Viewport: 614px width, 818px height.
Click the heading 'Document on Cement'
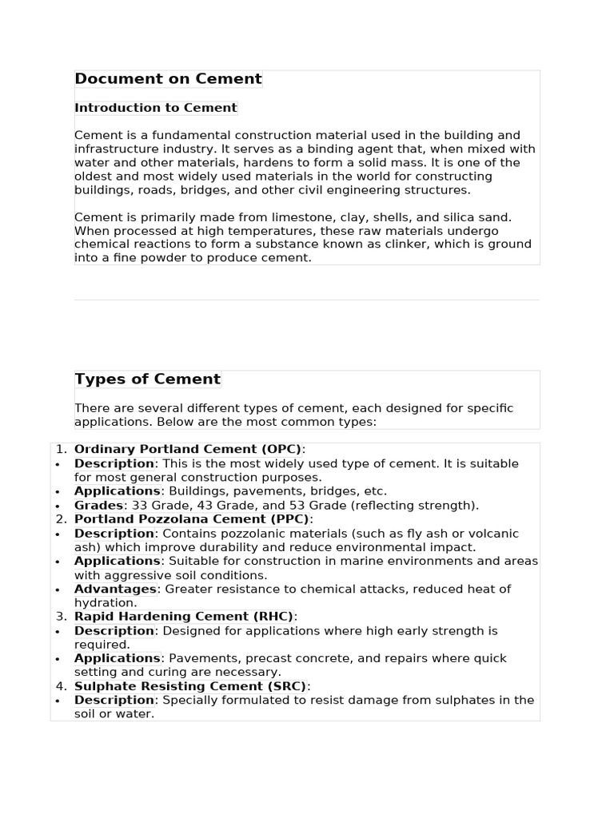168,79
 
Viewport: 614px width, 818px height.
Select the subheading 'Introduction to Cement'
156,108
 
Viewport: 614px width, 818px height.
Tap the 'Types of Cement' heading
147,379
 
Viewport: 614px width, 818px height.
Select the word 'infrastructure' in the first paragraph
114,149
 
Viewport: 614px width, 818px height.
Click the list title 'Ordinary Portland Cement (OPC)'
188,450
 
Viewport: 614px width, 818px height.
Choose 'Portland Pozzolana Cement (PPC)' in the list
191,519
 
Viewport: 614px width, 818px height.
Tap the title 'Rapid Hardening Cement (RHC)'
184,617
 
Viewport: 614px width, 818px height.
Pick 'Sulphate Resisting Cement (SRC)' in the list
190,686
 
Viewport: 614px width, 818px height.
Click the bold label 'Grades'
99,506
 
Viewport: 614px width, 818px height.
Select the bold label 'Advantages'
115,590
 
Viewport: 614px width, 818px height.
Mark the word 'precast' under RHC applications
263,659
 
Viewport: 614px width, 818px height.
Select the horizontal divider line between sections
307,300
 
